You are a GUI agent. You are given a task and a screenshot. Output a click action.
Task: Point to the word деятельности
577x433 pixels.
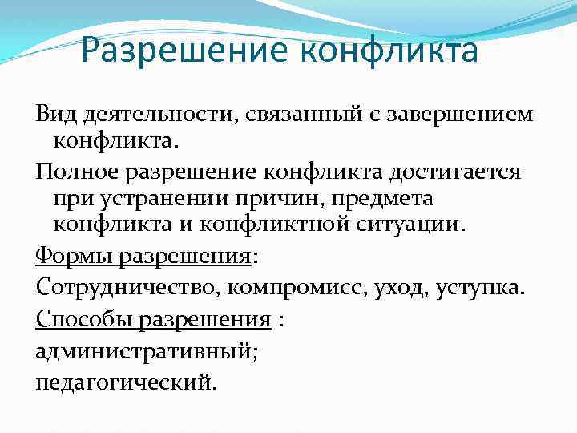click(152, 113)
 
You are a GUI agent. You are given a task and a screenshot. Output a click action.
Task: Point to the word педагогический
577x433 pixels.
click(126, 379)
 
